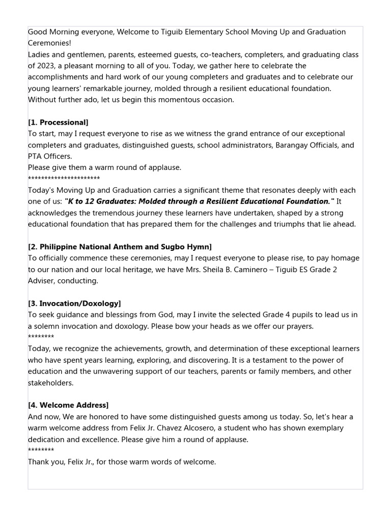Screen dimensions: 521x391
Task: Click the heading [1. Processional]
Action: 58,122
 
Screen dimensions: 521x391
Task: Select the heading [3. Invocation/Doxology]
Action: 74,303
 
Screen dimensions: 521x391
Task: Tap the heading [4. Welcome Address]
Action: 68,405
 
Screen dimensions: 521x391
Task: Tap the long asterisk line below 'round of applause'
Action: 64,179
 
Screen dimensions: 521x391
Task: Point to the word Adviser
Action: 42,281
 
